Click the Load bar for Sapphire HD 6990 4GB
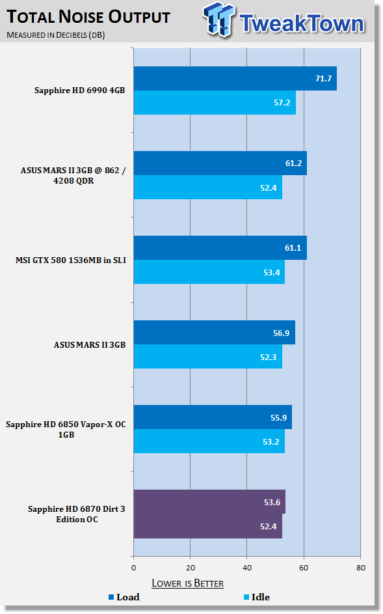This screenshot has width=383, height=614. [235, 78]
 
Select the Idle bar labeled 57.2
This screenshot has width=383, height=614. [215, 103]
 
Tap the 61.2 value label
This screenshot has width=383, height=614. [293, 163]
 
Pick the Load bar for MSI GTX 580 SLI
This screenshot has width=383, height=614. [220, 248]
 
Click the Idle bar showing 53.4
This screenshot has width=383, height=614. [209, 272]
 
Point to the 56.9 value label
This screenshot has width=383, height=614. [282, 333]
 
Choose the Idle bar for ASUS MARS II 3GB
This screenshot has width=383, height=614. [207, 357]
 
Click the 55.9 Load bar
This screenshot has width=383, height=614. [213, 417]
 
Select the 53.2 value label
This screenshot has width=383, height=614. [271, 442]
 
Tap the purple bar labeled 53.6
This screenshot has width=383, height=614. [209, 501]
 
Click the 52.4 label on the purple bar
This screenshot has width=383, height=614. [269, 527]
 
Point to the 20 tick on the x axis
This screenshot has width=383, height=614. [191, 568]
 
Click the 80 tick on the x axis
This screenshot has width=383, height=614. [361, 568]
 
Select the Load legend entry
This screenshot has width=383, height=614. [124, 597]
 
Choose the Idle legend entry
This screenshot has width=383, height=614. [257, 597]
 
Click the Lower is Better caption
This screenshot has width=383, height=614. [188, 583]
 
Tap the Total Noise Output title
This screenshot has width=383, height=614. [89, 17]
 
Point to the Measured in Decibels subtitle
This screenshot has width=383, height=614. [55, 35]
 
